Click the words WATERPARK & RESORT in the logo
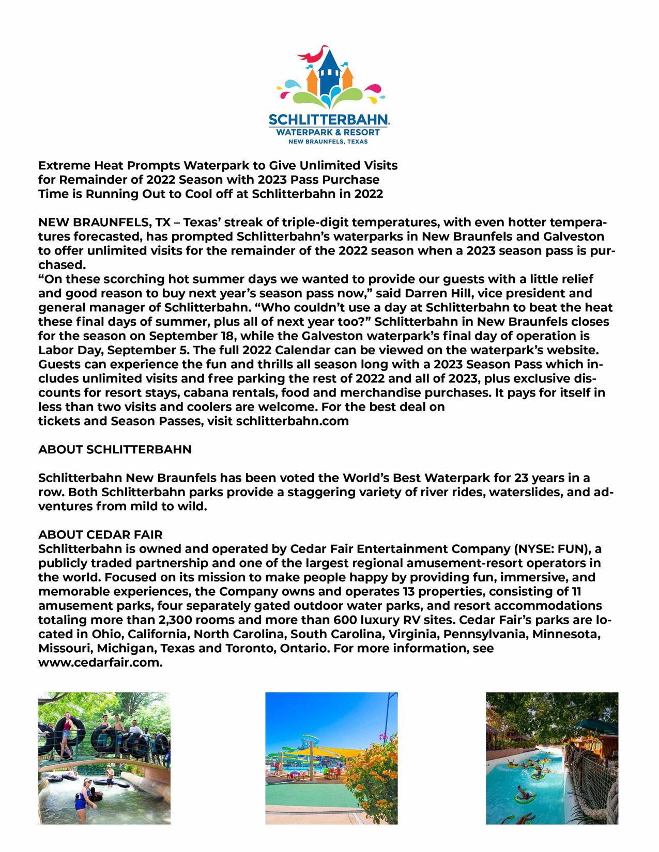point(329,132)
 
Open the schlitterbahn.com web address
point(292,421)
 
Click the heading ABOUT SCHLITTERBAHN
point(115,450)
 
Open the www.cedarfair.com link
point(100,662)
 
